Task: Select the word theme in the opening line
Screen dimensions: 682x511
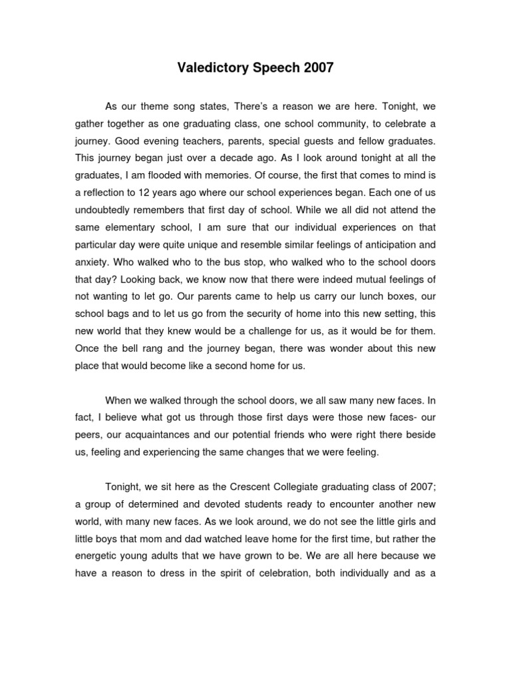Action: [x=173, y=106]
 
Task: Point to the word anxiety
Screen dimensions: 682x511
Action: [x=91, y=262]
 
